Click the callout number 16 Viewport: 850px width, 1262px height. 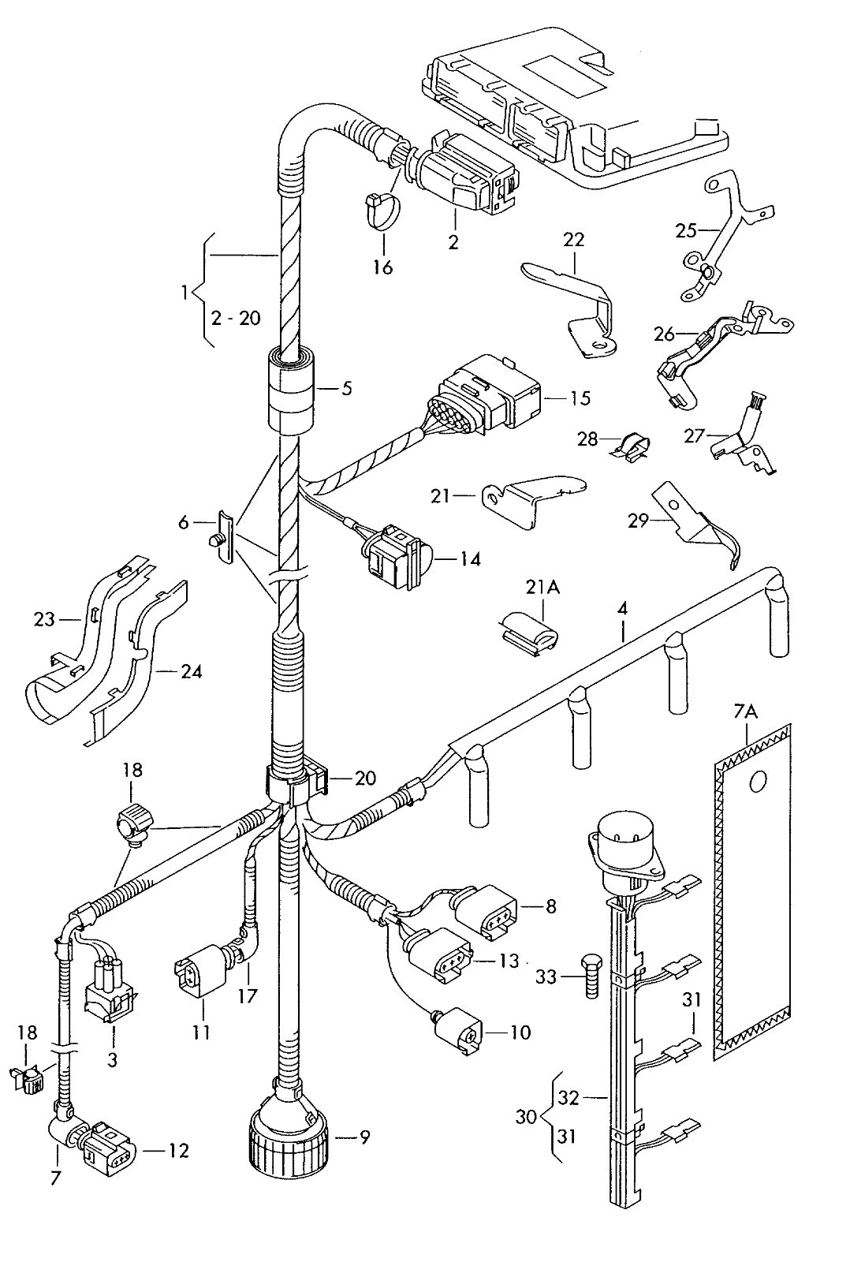coord(382,267)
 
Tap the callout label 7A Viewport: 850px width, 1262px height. coord(745,713)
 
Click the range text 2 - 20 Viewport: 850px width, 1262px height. coord(236,319)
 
